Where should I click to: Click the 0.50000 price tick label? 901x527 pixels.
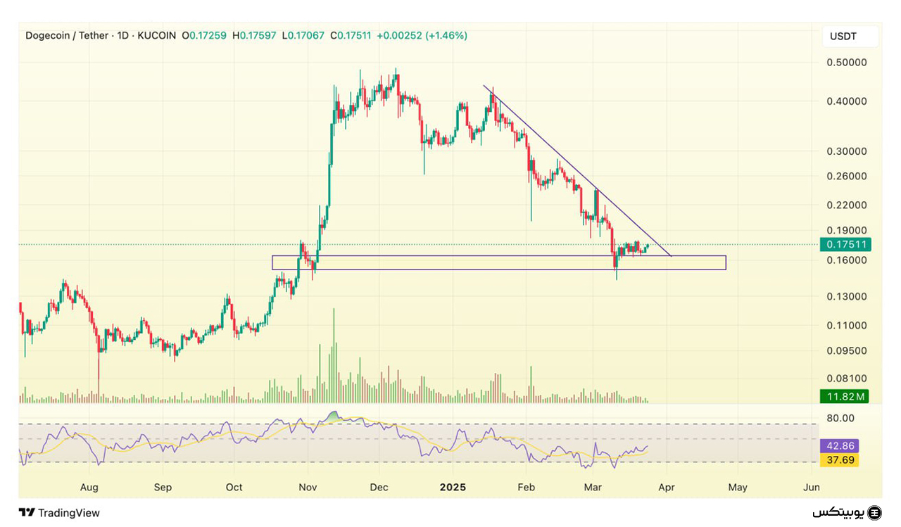[846, 62]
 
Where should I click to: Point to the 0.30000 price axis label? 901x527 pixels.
[846, 151]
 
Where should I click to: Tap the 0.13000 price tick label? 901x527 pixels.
[846, 296]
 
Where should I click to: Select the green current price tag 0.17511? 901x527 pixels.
[845, 245]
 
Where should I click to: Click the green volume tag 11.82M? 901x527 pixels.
[845, 397]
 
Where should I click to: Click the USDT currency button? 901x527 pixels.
[850, 37]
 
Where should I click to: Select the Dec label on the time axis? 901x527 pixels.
[379, 487]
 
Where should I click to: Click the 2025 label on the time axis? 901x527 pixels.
[453, 487]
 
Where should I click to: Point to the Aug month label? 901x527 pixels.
[89, 487]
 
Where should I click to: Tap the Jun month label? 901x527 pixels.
[811, 487]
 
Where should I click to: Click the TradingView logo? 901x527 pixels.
[59, 513]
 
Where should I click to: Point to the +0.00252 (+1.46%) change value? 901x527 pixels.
[422, 35]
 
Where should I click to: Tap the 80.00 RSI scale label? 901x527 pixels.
[840, 418]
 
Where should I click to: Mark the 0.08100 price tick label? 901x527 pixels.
[846, 379]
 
